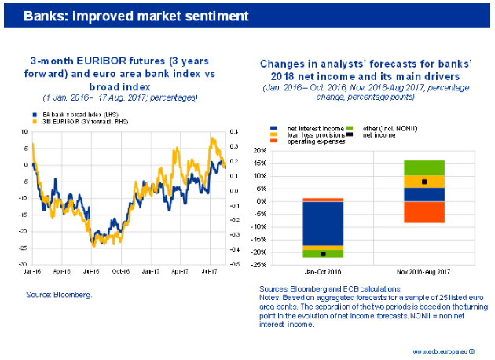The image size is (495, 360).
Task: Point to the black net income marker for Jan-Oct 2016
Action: pyautogui.click(x=324, y=253)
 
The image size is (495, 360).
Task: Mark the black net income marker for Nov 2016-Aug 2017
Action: pyautogui.click(x=425, y=182)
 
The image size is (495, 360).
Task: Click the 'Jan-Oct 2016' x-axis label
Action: pyautogui.click(x=324, y=271)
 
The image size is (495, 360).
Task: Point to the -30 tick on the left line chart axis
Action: pyautogui.click(x=25, y=264)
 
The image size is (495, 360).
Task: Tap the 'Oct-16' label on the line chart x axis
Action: pyautogui.click(x=120, y=271)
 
